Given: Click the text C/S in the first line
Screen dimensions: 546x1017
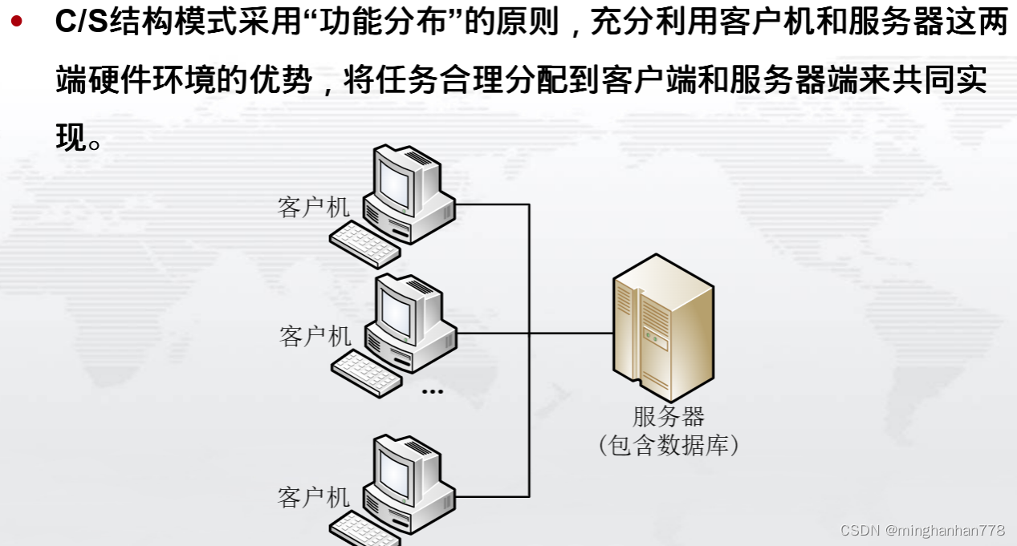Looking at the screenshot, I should point(81,22).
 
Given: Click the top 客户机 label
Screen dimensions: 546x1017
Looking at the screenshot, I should point(314,207).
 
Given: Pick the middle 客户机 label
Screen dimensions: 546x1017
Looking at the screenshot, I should point(315,335).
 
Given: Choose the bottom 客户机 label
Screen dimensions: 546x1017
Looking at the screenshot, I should point(314,497).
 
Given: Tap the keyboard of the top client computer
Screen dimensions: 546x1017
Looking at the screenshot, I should point(364,245).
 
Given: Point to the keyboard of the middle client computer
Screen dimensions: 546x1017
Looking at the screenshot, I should point(366,374).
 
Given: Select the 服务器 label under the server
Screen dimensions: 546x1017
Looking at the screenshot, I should point(668,416).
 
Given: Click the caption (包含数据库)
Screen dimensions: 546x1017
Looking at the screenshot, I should point(668,445).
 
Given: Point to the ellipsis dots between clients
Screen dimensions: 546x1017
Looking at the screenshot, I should point(432,392).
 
